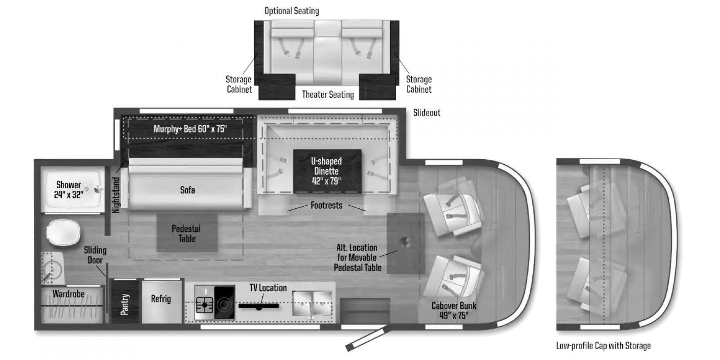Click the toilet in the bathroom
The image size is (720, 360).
[63, 232]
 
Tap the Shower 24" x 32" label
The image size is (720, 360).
[68, 189]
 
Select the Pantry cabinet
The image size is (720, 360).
[125, 301]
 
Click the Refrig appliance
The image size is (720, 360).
[162, 301]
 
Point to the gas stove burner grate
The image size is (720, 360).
[204, 305]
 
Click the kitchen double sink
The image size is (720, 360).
[312, 304]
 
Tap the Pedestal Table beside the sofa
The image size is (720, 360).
[187, 233]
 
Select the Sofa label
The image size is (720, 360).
[187, 190]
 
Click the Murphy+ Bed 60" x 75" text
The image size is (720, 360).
[190, 129]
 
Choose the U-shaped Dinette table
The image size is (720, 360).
[327, 171]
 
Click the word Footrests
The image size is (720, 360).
[326, 205]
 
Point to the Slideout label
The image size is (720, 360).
[427, 112]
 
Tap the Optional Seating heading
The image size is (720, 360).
[292, 11]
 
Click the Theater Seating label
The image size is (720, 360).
[328, 94]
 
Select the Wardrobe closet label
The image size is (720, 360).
[68, 294]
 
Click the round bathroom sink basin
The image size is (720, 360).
[52, 269]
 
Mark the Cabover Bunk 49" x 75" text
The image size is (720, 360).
[454, 310]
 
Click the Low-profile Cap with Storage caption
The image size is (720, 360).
[603, 346]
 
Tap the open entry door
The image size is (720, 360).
[368, 337]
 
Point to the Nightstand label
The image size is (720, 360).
[116, 195]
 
